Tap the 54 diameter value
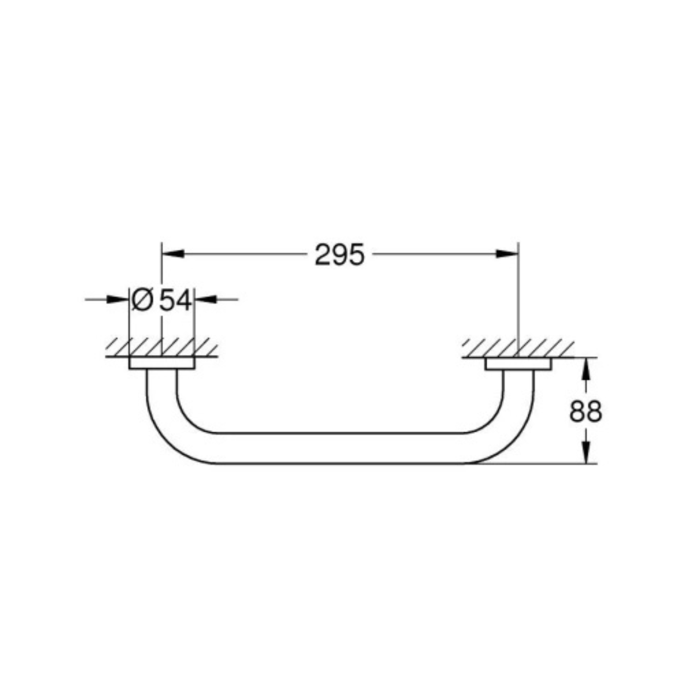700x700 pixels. (176, 300)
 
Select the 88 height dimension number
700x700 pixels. (586, 412)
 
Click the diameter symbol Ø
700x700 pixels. (142, 300)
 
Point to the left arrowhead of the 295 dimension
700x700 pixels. (173, 254)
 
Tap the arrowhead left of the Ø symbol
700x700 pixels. (118, 300)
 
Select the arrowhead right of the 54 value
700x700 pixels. (206, 300)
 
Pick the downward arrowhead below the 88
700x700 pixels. (585, 452)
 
